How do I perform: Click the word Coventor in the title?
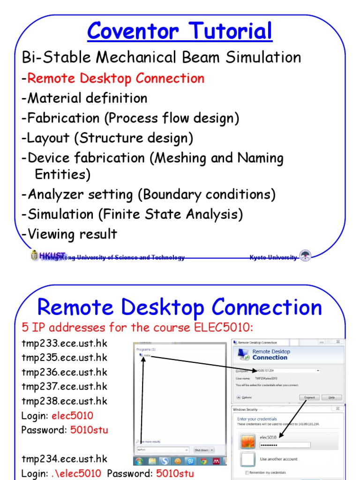pyautogui.click(x=132, y=32)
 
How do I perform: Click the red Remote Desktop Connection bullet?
pyautogui.click(x=115, y=78)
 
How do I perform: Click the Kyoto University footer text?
pyautogui.click(x=273, y=257)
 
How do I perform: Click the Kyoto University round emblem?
pyautogui.click(x=305, y=255)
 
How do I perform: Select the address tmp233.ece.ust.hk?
pyautogui.click(x=64, y=344)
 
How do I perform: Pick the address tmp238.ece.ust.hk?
pyautogui.click(x=64, y=401)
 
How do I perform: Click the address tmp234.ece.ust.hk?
pyautogui.click(x=64, y=459)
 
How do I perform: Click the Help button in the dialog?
pyautogui.click(x=331, y=397)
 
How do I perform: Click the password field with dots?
pyautogui.click(x=285, y=445)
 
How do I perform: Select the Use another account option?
pyautogui.click(x=278, y=459)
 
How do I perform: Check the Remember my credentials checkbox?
pyautogui.click(x=247, y=472)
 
